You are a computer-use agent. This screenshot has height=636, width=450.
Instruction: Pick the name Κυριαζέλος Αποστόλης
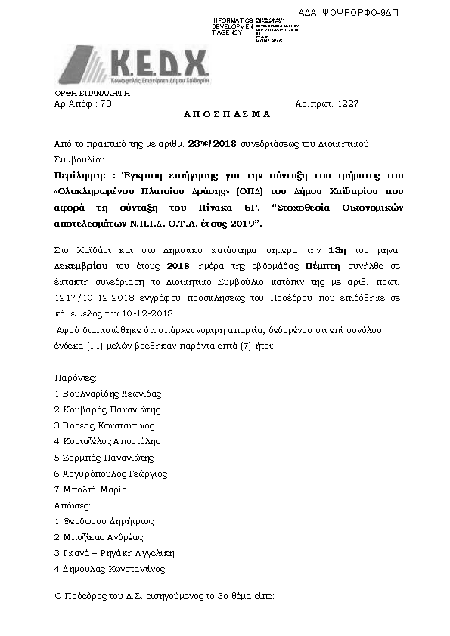click(110, 441)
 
